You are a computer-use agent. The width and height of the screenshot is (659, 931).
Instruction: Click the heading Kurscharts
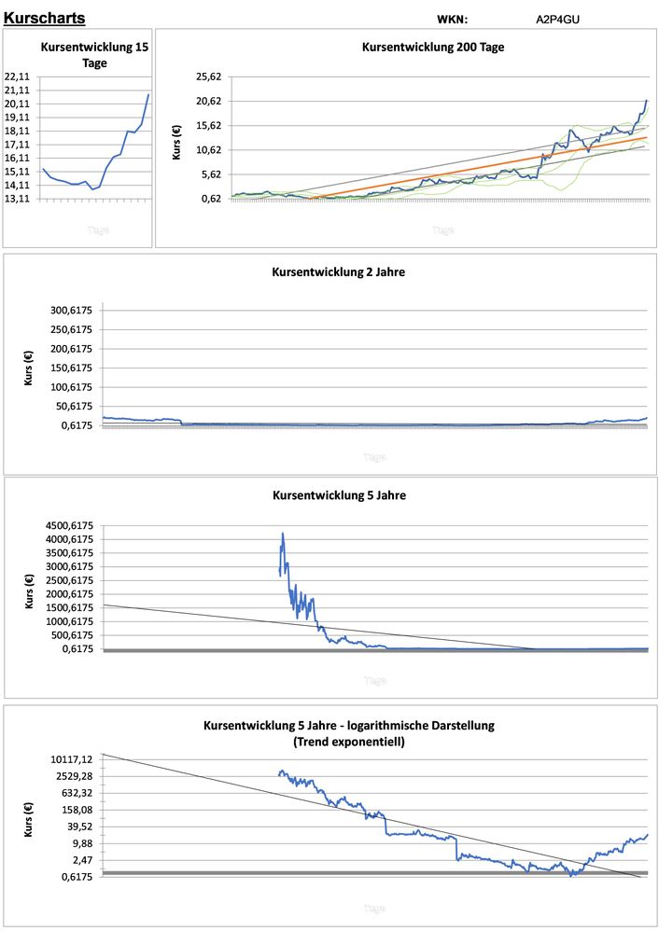point(45,18)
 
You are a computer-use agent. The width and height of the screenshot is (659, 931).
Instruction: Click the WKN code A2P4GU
point(558,19)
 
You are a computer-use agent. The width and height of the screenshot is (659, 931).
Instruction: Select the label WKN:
point(452,19)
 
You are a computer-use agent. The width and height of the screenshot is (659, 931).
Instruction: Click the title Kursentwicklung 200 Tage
point(433,47)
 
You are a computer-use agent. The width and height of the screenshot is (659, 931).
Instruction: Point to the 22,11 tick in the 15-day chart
point(19,76)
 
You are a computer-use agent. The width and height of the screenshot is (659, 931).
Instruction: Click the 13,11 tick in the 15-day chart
point(19,199)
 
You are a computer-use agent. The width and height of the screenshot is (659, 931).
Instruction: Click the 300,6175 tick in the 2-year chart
point(72,311)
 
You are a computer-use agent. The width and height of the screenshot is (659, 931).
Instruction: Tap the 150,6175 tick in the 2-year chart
point(72,368)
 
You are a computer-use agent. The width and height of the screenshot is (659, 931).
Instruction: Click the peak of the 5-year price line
point(282,534)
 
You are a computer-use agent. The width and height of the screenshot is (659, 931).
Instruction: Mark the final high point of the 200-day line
point(646,100)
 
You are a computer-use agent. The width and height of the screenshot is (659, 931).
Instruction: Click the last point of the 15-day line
point(147,94)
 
